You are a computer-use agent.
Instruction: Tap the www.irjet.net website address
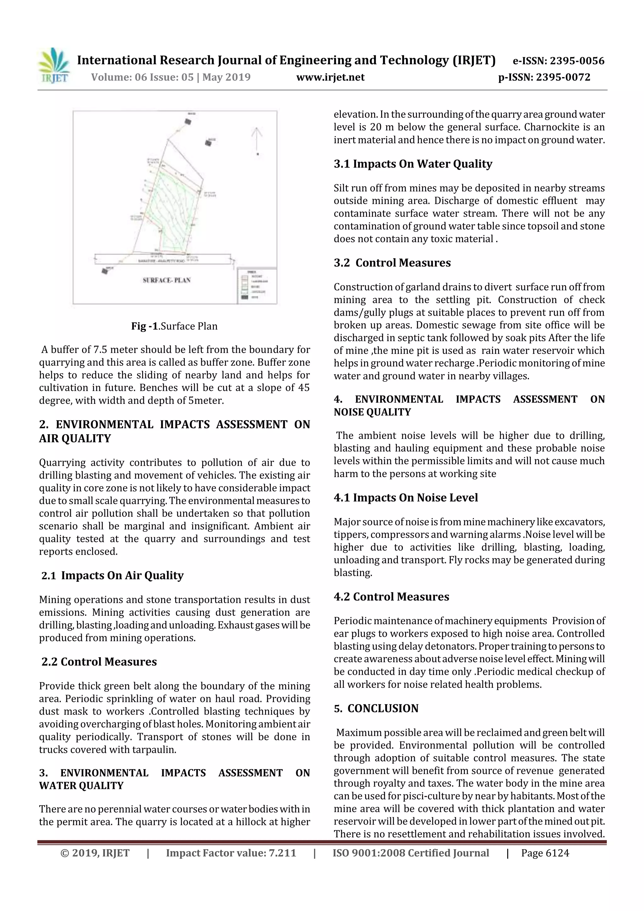click(330, 77)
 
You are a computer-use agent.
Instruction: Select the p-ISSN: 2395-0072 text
click(544, 77)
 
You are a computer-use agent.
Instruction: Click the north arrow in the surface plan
click(257, 141)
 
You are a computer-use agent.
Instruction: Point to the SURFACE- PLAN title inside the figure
click(167, 280)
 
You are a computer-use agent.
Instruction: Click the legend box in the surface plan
click(256, 286)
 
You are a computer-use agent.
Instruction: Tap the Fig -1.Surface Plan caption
click(174, 326)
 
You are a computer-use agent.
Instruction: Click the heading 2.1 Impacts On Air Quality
click(112, 575)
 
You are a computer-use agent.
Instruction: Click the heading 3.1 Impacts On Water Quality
click(413, 164)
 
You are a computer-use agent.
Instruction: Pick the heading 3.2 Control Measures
click(392, 263)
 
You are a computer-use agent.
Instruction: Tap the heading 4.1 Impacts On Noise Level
click(406, 497)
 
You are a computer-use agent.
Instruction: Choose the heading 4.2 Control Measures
click(391, 597)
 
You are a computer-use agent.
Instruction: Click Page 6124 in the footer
click(545, 853)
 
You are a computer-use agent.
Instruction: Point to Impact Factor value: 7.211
click(231, 853)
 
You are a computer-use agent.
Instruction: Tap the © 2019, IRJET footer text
click(95, 853)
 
